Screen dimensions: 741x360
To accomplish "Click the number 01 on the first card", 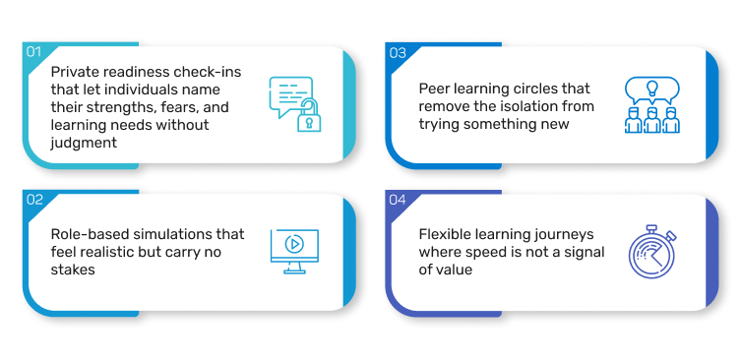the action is click(x=33, y=51).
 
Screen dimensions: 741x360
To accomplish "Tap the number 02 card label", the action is click(x=34, y=200).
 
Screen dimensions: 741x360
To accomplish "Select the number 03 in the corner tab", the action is click(x=398, y=53).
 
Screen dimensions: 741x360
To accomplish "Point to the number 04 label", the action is click(x=398, y=201).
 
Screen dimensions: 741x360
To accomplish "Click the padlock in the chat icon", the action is click(x=309, y=118).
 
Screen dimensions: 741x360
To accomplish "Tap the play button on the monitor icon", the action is click(x=294, y=244).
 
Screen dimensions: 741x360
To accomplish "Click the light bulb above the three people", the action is click(x=652, y=89).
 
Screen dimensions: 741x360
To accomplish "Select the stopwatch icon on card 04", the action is click(x=652, y=252).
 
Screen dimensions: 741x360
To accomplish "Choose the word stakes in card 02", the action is click(x=73, y=270).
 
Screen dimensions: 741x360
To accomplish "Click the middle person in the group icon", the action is click(x=652, y=121).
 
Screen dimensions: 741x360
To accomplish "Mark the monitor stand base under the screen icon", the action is click(x=294, y=271).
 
